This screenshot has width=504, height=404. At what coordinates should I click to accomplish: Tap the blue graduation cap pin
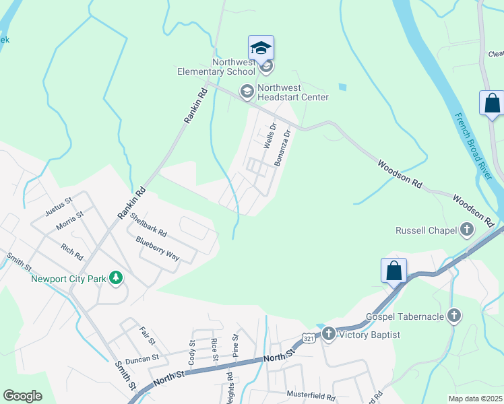point(261,48)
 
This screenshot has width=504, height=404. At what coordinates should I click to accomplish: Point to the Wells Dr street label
point(270,135)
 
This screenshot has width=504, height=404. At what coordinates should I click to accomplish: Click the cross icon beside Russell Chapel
point(466,230)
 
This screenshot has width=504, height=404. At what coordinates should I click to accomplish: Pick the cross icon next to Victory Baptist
point(329,333)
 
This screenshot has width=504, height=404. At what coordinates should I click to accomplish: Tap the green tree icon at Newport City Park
point(117,277)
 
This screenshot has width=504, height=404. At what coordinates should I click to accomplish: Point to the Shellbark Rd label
point(148,224)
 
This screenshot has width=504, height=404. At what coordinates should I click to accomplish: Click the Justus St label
point(58,205)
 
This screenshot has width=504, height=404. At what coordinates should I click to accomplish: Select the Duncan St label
point(141,358)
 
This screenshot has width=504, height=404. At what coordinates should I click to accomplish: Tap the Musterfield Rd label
point(311,397)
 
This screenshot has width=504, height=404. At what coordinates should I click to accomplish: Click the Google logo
point(22,396)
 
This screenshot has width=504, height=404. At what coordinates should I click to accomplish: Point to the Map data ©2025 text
point(475,399)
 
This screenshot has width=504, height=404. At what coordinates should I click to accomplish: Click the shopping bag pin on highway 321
point(394,271)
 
